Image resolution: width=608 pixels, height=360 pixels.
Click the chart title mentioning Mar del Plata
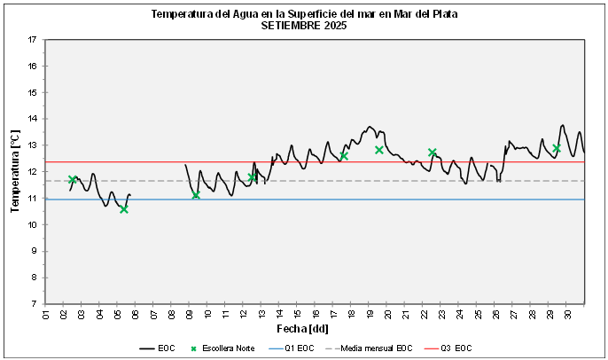coord(304,15)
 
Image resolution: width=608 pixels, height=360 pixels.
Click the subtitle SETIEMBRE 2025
coord(304,26)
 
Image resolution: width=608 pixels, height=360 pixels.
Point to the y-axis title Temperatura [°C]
coord(15,171)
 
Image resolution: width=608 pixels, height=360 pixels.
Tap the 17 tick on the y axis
coord(32,40)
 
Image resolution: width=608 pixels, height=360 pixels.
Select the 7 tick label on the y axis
coord(34,303)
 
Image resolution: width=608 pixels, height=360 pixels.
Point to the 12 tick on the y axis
coord(32,171)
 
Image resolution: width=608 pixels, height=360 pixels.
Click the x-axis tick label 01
coord(45,315)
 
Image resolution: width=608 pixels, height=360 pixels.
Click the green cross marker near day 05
coord(124,209)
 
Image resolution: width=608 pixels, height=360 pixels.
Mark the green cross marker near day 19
coord(379,150)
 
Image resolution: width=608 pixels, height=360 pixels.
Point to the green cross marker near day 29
coord(557,148)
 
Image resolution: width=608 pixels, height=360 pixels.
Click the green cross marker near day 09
coord(196,194)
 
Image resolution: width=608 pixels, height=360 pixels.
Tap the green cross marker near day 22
coord(433,153)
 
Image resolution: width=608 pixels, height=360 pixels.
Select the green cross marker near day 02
coord(73,179)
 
